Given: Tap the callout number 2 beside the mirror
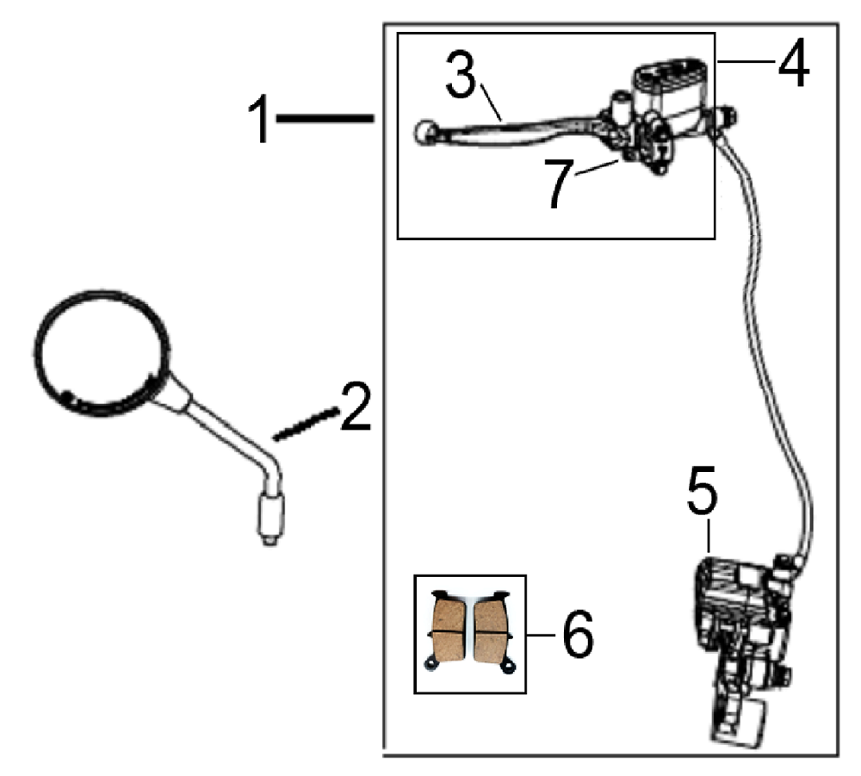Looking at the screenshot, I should click(355, 407).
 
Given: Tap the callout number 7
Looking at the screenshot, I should click(561, 183).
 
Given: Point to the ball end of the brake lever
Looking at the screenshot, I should click(423, 132).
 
